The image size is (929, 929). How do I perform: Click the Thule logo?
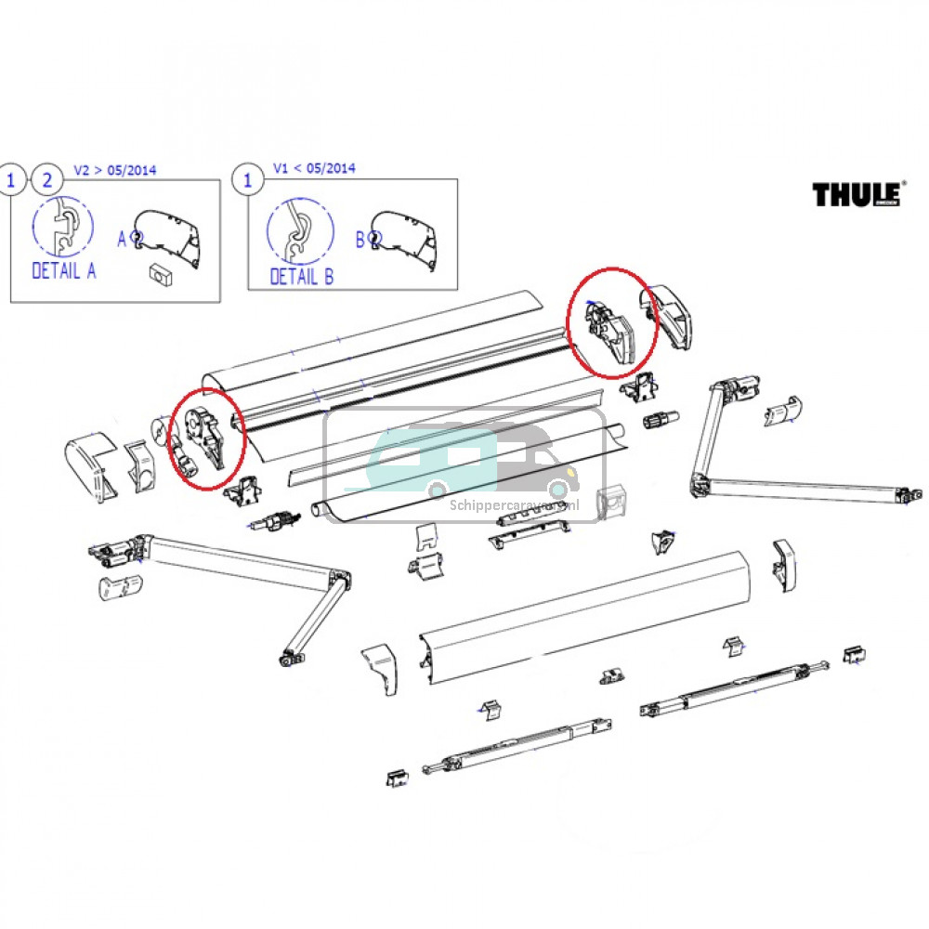point(857,194)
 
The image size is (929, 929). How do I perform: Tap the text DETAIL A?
point(63,271)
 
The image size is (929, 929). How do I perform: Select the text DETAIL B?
point(301,276)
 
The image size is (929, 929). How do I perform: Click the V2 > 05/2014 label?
point(114,170)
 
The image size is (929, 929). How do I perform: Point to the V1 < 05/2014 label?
point(314,168)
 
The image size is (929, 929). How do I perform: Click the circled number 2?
point(44,179)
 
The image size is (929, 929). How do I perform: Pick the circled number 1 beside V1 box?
point(247,179)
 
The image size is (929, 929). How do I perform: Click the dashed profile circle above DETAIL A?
point(63,228)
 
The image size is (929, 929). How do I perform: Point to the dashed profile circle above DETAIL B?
point(300,232)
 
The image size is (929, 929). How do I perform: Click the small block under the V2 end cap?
point(162,275)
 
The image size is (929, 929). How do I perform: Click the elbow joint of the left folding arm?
point(340,584)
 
